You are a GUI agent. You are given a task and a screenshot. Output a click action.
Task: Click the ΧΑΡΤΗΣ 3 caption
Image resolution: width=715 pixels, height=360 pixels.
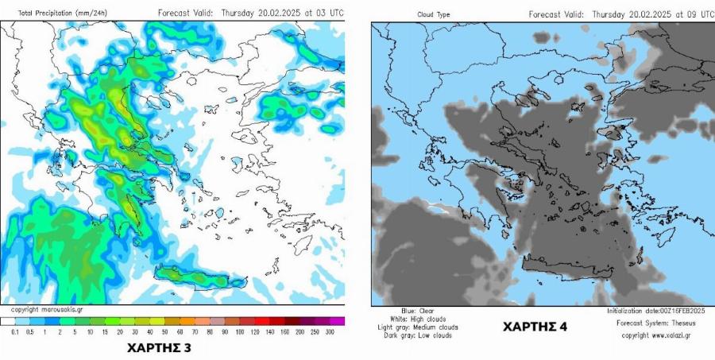click(159, 347)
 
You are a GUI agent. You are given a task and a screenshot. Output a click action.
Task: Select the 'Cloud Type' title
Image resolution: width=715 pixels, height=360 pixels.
click(433, 14)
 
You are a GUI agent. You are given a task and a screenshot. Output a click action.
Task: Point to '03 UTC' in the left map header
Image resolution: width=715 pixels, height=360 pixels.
click(329, 14)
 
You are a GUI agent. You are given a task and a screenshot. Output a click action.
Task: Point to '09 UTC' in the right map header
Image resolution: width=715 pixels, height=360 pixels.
click(698, 14)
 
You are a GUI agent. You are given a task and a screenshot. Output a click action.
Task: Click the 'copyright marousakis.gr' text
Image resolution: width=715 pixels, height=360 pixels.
click(47, 309)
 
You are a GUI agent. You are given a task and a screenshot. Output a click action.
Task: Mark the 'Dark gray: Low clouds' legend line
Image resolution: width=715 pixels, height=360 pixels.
click(420, 335)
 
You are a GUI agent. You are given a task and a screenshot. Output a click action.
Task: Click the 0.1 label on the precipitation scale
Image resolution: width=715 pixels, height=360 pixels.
click(14, 331)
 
